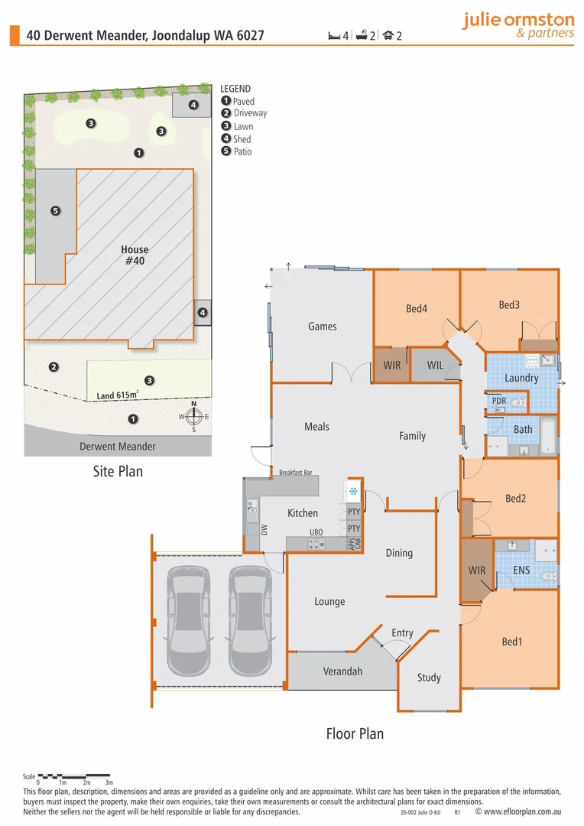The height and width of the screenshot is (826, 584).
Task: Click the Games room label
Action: [x=322, y=327]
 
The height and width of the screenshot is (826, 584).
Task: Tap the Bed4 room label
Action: [x=416, y=309]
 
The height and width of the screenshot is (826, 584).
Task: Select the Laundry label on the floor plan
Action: [x=521, y=378]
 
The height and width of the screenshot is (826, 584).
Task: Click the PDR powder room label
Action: [x=498, y=401]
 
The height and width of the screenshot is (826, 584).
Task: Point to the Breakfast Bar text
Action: [x=296, y=473]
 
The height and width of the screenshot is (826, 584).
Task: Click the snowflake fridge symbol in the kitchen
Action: [x=353, y=491]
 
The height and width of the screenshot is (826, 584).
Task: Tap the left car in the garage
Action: [x=187, y=608]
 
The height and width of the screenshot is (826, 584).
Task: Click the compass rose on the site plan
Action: [x=194, y=417]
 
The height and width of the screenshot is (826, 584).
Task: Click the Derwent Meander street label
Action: [x=118, y=447]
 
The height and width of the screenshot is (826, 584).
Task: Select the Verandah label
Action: [x=342, y=672]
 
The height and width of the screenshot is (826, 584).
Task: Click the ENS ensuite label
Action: [x=521, y=570]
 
